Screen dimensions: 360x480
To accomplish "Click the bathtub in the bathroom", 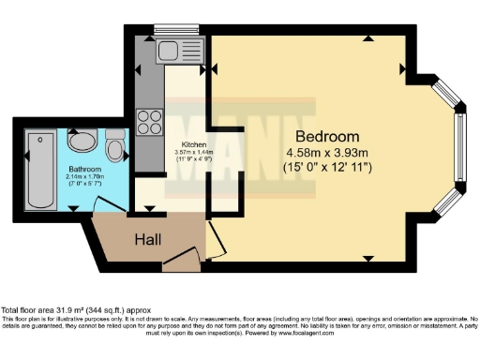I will (x=38, y=170).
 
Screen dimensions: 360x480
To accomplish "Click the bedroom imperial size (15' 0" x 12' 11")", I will (x=328, y=167).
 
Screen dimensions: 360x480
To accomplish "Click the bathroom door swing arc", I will (x=111, y=202).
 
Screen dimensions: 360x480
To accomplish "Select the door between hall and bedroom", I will (x=215, y=239).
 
